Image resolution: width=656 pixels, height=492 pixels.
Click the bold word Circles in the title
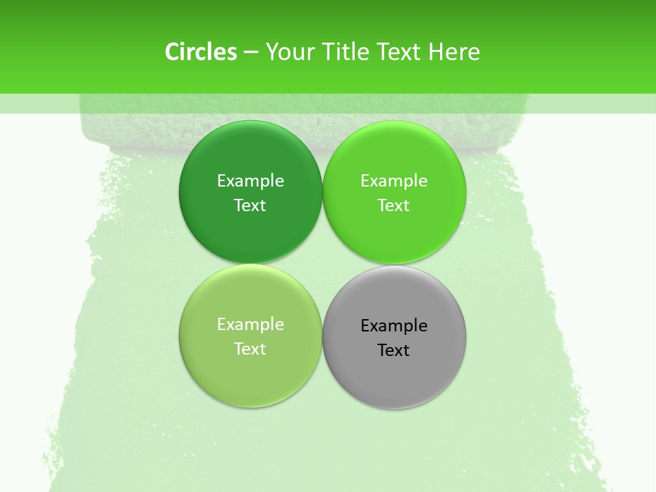coord(201,52)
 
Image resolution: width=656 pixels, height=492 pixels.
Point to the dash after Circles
coord(251,53)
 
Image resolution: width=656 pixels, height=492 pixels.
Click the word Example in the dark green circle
coord(250,180)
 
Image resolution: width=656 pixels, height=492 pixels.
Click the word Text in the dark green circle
coord(250,205)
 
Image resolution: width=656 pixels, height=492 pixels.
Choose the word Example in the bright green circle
coord(394,180)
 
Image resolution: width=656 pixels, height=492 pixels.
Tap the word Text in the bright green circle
coord(394,205)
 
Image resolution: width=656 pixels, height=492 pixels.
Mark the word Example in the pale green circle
coord(250,324)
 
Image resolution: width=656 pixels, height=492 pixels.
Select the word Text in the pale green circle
coord(250,348)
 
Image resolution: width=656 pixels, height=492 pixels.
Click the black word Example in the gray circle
coord(394,325)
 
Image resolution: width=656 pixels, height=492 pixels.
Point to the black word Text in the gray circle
coord(394,350)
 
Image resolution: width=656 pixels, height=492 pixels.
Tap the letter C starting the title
coord(172,52)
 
